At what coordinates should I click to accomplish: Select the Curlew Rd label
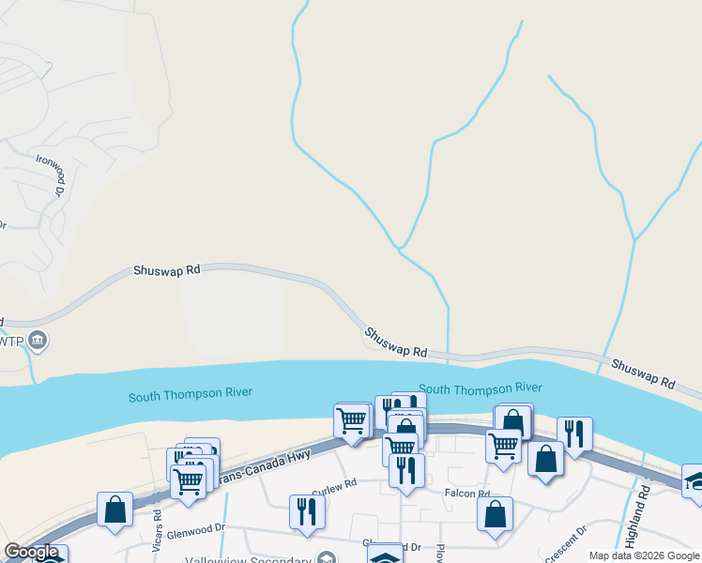(x=336, y=484)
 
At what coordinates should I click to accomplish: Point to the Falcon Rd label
(x=468, y=494)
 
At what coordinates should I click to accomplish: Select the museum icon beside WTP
(x=38, y=339)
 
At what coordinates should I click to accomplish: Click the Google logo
(x=31, y=553)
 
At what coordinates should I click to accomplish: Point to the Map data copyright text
(x=644, y=555)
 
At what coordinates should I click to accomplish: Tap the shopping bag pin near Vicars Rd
(x=114, y=510)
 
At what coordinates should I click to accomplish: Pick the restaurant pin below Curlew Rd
(x=307, y=510)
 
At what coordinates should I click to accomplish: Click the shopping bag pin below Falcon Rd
(x=495, y=513)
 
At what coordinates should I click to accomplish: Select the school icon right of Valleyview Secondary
(x=384, y=557)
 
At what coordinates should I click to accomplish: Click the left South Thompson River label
(x=191, y=395)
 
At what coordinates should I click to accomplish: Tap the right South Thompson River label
(x=480, y=388)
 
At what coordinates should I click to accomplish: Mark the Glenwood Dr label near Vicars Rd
(x=196, y=531)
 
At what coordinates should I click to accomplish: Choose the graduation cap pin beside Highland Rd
(x=694, y=479)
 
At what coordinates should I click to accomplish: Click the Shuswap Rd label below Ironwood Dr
(x=167, y=269)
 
